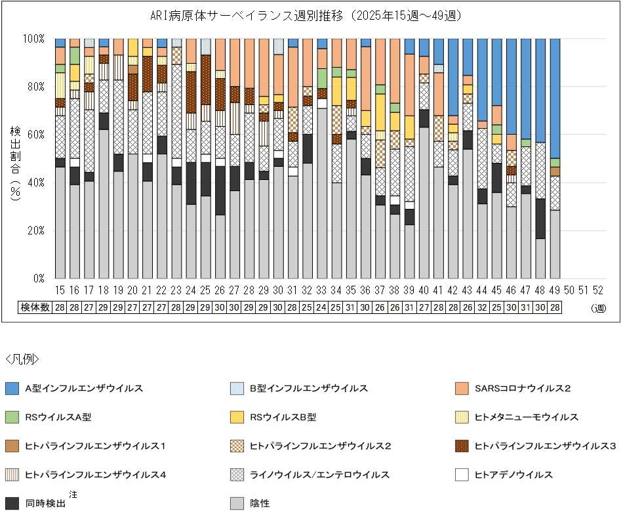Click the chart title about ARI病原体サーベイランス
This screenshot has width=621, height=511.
(306, 16)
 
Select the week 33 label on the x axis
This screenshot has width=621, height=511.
(321, 290)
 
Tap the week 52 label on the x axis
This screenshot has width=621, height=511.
(599, 290)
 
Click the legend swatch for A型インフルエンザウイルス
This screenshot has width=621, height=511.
(12, 388)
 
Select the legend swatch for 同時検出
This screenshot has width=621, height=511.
(12, 504)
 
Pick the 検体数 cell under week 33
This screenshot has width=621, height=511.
(321, 308)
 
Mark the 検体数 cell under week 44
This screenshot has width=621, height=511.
(482, 308)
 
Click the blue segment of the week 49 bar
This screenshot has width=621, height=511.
(555, 99)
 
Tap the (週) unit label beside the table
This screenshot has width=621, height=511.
(598, 308)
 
